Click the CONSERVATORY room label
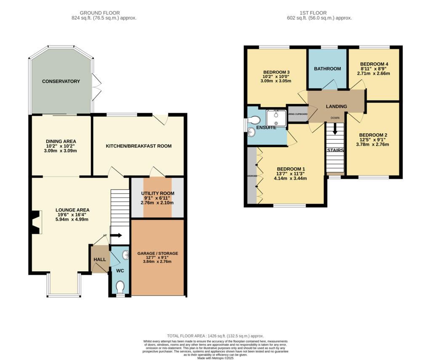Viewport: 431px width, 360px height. tap(61, 81)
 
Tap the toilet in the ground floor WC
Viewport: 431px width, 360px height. tap(120, 287)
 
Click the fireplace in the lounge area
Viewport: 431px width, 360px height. tap(35, 222)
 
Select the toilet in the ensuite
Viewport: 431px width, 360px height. tap(253, 120)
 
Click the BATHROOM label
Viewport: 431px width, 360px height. tap(327, 69)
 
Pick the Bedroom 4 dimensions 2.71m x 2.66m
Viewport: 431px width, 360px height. tap(374, 73)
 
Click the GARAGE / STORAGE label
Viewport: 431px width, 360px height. tap(158, 254)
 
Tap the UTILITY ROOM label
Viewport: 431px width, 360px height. tap(157, 193)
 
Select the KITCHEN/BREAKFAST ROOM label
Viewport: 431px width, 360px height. tap(138, 146)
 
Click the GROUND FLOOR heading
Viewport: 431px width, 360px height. tap(100, 13)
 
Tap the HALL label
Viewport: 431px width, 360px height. tap(100, 259)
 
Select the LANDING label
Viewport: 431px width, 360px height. tap(337, 106)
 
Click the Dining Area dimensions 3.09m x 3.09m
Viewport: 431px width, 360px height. tap(61, 151)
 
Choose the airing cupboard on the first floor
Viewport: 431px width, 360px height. tap(298, 114)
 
